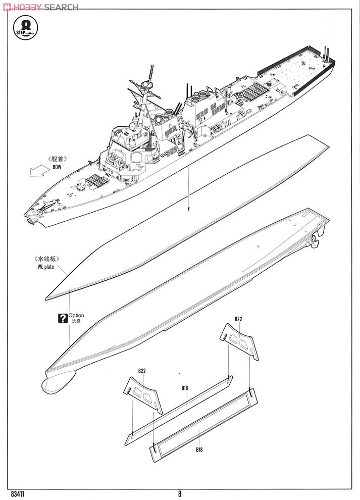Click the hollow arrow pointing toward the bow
pyautogui.click(x=36, y=172)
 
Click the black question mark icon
pyautogui.click(x=63, y=318)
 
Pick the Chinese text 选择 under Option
pyautogui.click(x=76, y=322)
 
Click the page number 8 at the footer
pyautogui.click(x=179, y=494)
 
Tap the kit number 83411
pyautogui.click(x=17, y=493)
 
